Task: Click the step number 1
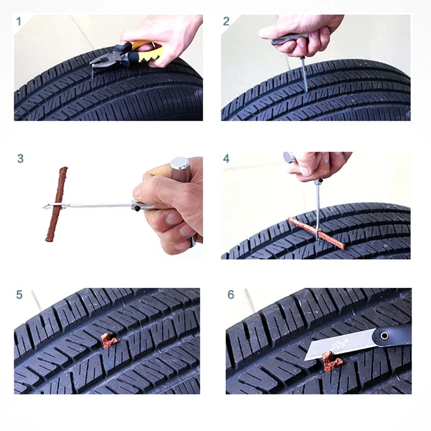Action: pyautogui.click(x=18, y=21)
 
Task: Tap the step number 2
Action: pyautogui.click(x=226, y=21)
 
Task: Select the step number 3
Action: pyautogui.click(x=20, y=158)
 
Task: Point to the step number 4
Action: pyautogui.click(x=226, y=158)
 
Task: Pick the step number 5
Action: pyautogui.click(x=19, y=295)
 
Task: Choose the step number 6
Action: pyautogui.click(x=231, y=295)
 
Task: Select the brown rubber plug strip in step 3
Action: pyautogui.click(x=57, y=204)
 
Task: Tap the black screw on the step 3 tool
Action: pyautogui.click(x=137, y=208)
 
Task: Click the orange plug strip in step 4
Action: pyautogui.click(x=316, y=233)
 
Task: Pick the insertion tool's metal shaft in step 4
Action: pyautogui.click(x=318, y=210)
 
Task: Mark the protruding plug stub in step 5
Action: pyautogui.click(x=109, y=340)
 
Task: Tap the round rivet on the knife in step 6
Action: pyautogui.click(x=384, y=336)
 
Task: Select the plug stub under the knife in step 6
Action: pyautogui.click(x=332, y=361)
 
